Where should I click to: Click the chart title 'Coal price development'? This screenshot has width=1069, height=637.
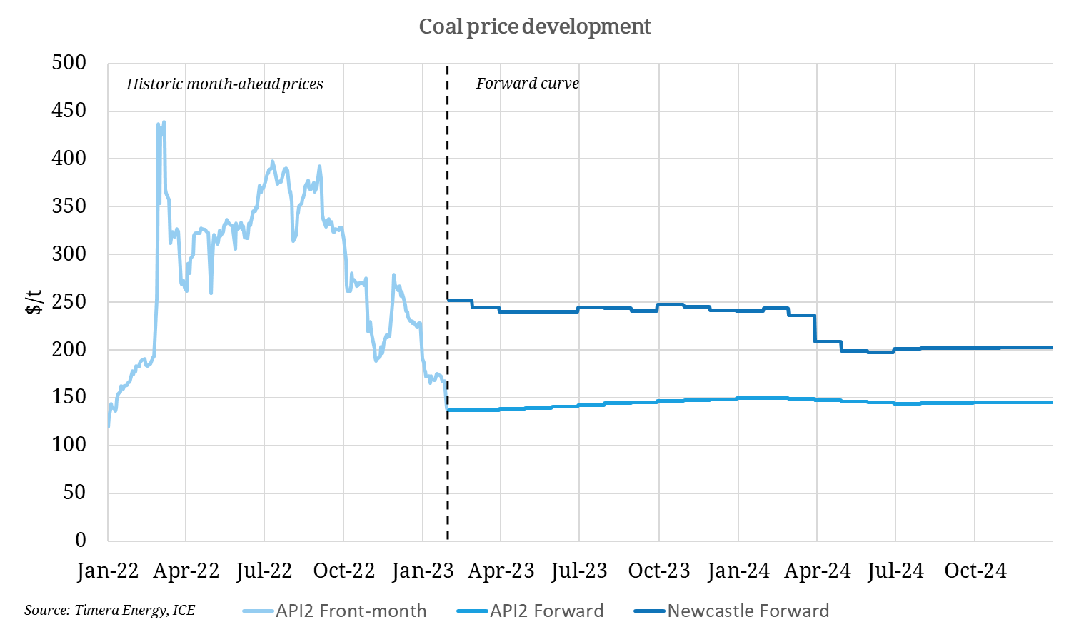click(x=534, y=26)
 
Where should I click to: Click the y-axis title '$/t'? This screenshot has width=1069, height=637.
click(x=34, y=302)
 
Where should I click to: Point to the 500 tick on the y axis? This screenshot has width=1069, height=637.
click(x=69, y=63)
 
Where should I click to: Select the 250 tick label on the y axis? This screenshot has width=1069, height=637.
click(x=69, y=301)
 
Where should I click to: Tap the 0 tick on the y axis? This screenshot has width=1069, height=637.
click(x=81, y=540)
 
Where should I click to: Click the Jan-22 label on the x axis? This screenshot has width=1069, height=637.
click(x=108, y=571)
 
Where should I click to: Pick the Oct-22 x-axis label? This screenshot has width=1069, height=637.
click(x=343, y=571)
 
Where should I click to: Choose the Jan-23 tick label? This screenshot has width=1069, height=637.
click(x=423, y=571)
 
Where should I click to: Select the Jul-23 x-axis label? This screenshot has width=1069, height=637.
click(x=579, y=571)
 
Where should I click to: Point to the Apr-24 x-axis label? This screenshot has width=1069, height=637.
click(x=817, y=571)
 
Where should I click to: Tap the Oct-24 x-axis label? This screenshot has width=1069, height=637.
click(x=975, y=571)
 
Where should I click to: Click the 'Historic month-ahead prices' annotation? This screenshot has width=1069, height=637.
click(x=224, y=84)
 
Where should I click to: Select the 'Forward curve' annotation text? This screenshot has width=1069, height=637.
click(x=527, y=84)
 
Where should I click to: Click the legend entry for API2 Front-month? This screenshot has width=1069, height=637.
click(x=351, y=611)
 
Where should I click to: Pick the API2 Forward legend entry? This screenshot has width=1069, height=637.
click(x=546, y=611)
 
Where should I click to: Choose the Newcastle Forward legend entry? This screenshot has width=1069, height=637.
click(x=748, y=611)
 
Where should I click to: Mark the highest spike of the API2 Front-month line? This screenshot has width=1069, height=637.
click(x=164, y=122)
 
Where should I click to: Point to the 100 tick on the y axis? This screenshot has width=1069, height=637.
click(x=69, y=444)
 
